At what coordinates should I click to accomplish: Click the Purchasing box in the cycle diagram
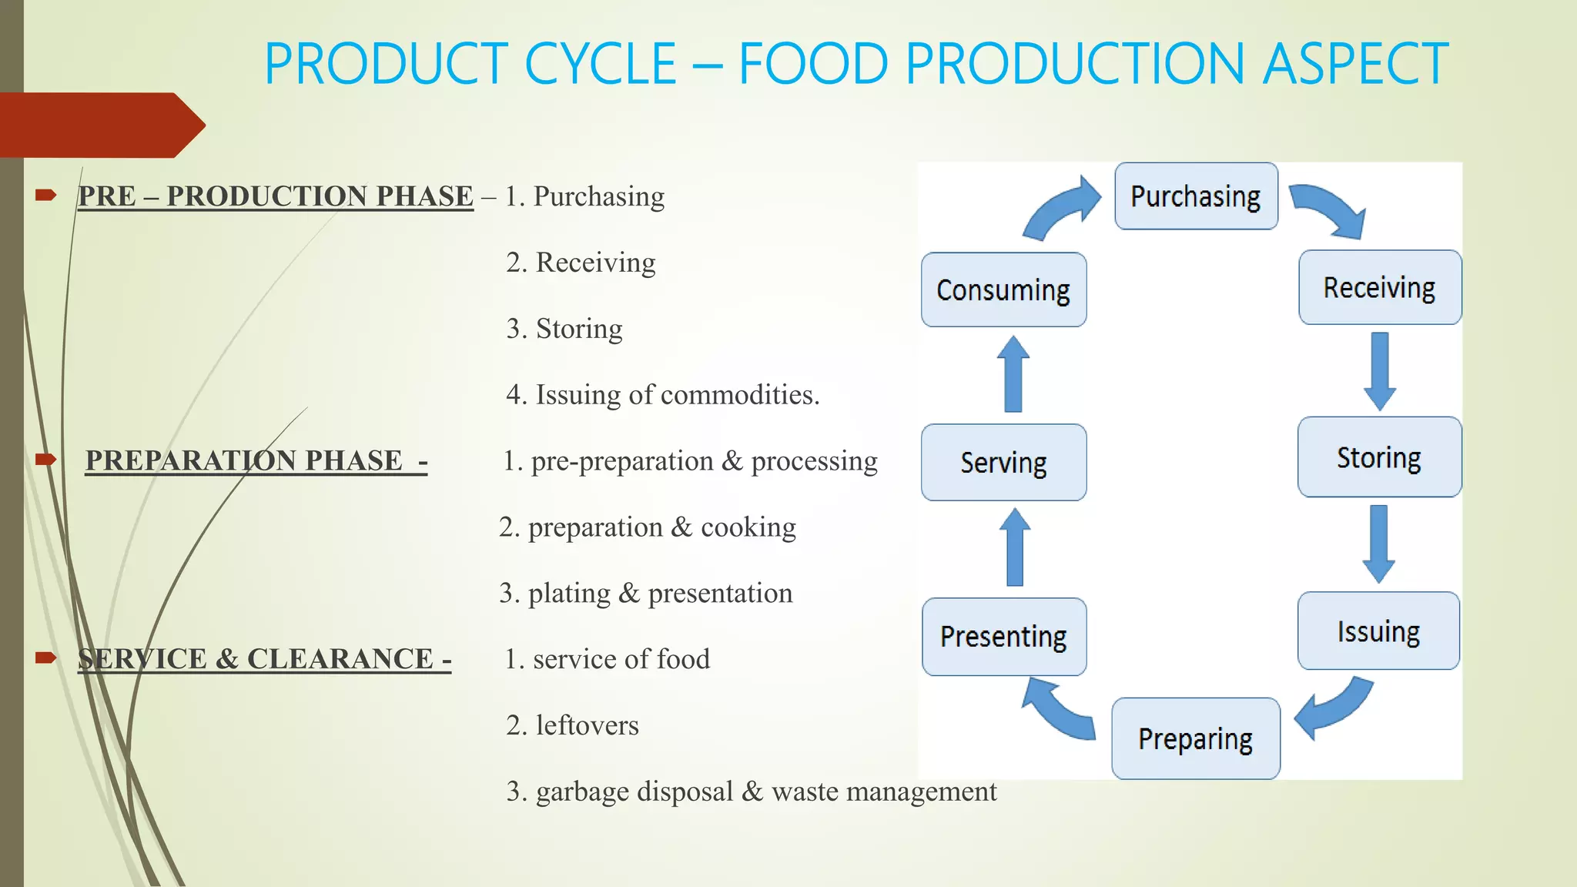(x=1196, y=196)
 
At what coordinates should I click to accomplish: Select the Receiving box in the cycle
(x=1379, y=287)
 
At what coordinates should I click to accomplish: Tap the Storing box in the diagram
(x=1379, y=457)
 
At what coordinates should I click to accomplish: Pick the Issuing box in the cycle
(x=1378, y=631)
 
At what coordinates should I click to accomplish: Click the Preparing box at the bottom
(x=1195, y=738)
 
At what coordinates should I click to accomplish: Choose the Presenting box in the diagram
(x=1003, y=637)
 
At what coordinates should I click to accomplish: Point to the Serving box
(x=1003, y=463)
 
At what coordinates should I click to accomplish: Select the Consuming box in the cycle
(x=1003, y=290)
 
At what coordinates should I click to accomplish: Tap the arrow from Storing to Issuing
(x=1379, y=544)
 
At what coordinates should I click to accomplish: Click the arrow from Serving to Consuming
(x=1013, y=374)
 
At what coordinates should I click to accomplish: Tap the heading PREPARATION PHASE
(x=244, y=460)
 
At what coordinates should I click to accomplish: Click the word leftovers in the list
(x=588, y=725)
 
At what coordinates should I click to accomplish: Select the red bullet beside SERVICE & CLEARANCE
(x=46, y=658)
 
